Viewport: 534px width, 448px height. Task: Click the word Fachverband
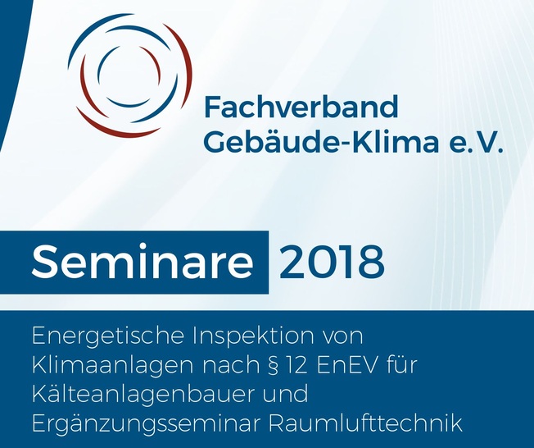301,107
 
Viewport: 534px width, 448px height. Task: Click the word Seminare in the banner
142,262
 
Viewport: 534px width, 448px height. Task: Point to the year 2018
332,262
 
